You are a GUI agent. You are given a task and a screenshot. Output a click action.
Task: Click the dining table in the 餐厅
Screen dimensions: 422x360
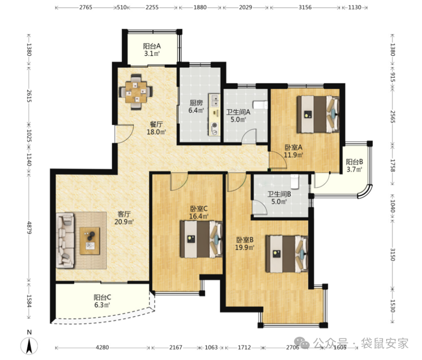click(136, 92)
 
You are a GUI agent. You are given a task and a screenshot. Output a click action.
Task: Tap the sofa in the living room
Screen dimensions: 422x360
click(65, 241)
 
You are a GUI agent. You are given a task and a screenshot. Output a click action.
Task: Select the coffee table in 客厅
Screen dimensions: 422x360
click(90, 241)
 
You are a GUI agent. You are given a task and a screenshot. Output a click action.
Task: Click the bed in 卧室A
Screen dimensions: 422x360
click(318, 114)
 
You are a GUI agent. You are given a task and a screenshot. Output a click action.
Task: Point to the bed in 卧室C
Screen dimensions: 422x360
click(201, 239)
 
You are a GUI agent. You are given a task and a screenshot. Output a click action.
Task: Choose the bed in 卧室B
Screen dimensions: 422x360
click(287, 254)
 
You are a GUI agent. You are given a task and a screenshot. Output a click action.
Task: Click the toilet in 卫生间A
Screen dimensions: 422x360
click(260, 105)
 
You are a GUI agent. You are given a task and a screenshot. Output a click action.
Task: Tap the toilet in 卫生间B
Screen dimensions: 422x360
click(295, 181)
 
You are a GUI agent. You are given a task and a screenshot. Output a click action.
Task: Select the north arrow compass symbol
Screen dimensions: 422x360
click(29, 345)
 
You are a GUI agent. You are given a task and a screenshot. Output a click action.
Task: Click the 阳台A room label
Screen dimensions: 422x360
click(152, 46)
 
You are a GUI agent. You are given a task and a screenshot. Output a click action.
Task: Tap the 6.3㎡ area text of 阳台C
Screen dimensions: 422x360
click(102, 305)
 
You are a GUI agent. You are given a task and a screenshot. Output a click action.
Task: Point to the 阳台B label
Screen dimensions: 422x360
click(354, 162)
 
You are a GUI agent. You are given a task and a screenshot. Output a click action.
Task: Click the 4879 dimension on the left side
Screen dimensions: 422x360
click(29, 227)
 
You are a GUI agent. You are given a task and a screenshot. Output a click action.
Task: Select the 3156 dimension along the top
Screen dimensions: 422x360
click(305, 7)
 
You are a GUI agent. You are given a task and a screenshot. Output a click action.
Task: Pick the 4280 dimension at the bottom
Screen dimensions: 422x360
click(102, 347)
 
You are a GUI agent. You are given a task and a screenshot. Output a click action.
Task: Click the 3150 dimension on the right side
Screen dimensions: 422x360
click(392, 254)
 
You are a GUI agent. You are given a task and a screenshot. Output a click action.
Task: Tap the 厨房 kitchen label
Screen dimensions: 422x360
click(196, 103)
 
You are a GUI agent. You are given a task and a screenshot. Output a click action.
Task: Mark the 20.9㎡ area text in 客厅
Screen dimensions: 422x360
click(124, 222)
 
